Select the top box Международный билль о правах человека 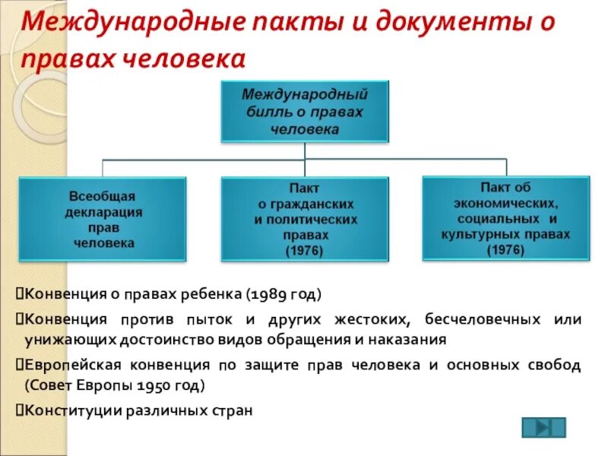(x=305, y=112)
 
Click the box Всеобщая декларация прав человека (x=103, y=219)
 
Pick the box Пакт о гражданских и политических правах (x=305, y=219)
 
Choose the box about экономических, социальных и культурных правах (x=505, y=219)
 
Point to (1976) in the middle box (x=305, y=251)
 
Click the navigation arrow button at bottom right (x=543, y=428)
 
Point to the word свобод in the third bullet (x=555, y=365)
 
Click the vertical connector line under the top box (x=305, y=151)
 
